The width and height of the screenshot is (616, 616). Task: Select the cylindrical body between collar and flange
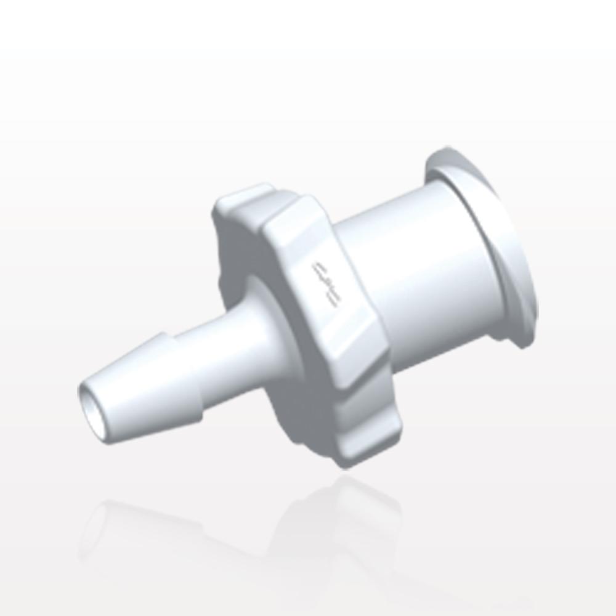point(419,271)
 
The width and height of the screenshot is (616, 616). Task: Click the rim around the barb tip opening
point(86,394)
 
